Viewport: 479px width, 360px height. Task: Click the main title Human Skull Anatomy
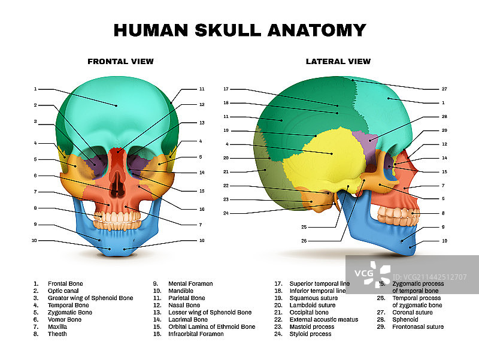point(239,30)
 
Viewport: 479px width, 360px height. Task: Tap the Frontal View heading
point(120,61)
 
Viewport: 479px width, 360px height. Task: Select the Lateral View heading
point(338,61)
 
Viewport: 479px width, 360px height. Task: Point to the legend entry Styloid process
point(310,334)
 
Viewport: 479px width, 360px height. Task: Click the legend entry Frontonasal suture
point(418,326)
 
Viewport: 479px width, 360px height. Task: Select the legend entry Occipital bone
point(309,312)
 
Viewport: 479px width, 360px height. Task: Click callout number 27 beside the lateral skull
point(444,89)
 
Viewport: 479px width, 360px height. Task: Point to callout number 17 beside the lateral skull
point(226,89)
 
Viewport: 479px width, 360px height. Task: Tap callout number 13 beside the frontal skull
point(202,122)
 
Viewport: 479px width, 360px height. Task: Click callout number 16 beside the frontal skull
point(202,209)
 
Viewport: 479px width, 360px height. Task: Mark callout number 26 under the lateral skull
point(304,241)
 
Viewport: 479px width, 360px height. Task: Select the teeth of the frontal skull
point(117,213)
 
